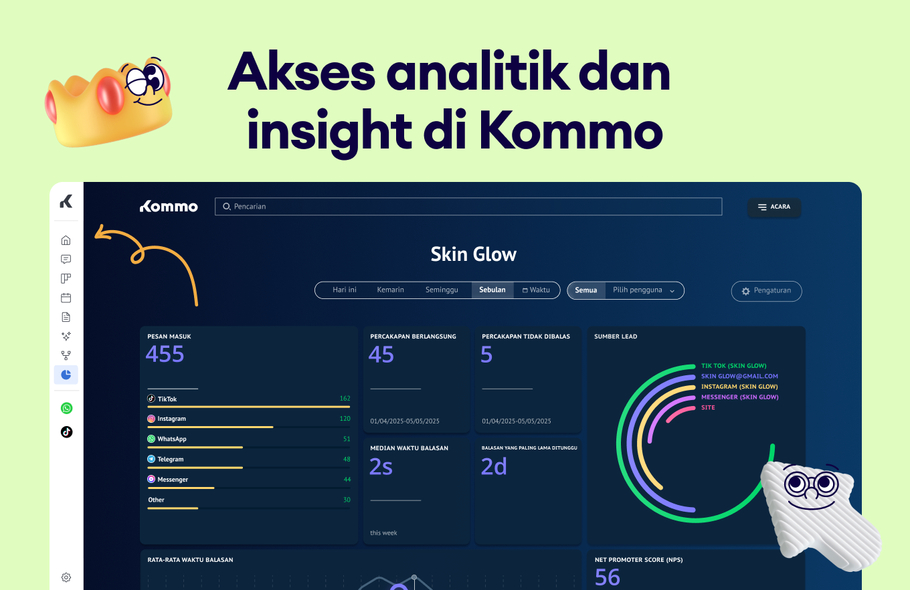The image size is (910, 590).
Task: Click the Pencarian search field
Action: click(x=468, y=207)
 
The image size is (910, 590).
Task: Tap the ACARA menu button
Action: click(x=773, y=207)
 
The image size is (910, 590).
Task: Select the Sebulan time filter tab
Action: click(x=492, y=290)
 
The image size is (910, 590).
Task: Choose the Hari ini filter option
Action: click(x=345, y=290)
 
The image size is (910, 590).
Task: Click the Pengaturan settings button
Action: click(x=766, y=291)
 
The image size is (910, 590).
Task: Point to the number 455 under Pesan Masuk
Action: click(x=165, y=355)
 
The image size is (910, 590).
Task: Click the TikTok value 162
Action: click(x=345, y=399)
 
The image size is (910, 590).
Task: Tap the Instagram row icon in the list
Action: click(x=151, y=419)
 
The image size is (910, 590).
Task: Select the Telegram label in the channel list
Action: click(x=170, y=460)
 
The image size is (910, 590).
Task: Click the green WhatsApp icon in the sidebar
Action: click(x=66, y=408)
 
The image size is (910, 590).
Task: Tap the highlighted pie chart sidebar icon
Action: click(x=66, y=375)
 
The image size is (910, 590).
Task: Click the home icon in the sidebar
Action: click(x=66, y=240)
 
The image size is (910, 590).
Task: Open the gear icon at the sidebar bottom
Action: click(x=66, y=577)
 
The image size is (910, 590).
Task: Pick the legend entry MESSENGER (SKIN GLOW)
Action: click(x=739, y=397)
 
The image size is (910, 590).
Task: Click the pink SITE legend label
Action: click(x=708, y=407)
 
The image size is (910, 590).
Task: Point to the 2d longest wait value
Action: click(x=494, y=467)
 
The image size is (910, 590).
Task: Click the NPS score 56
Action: click(x=608, y=577)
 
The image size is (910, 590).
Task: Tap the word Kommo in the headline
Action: click(x=570, y=131)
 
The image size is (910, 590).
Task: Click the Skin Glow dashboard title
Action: click(x=474, y=255)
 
